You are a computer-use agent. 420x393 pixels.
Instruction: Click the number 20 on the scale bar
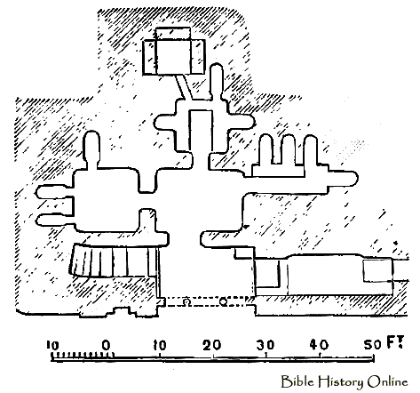pos(212,345)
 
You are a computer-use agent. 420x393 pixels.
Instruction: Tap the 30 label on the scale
pos(265,345)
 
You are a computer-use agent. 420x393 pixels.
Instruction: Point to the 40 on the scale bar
pos(319,345)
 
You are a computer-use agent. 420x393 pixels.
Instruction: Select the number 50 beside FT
pos(372,345)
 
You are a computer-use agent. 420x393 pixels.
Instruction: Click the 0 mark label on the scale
pos(106,345)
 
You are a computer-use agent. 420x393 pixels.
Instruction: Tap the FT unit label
pos(395,342)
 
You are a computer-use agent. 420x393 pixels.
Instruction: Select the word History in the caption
pos(340,382)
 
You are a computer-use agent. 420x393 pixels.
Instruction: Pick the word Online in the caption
pos(387,381)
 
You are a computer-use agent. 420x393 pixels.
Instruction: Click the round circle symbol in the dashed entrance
pos(224,301)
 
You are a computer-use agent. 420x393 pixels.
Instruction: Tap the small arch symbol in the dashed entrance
pos(186,301)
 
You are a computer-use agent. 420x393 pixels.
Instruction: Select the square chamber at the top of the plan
pos(174,51)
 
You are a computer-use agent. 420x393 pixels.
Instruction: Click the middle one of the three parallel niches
pos(289,149)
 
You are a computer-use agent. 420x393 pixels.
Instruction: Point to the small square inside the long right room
pos(377,270)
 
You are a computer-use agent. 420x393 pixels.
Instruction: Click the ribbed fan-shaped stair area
pos(114,261)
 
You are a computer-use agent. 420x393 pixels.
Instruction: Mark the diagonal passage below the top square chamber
pos(184,87)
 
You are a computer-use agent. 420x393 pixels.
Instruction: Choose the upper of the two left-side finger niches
pos(54,192)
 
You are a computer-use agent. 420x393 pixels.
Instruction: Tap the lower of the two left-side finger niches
pos(54,220)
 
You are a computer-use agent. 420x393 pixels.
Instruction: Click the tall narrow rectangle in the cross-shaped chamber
pos(201,131)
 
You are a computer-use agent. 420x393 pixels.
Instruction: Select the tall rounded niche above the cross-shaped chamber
pos(217,82)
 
